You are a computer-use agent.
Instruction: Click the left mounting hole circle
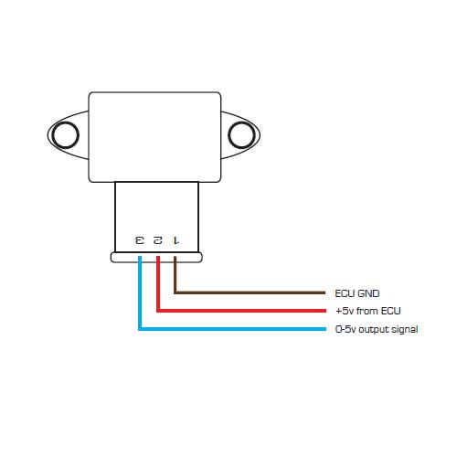[x=53, y=135]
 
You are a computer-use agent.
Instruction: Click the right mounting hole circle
[x=228, y=135]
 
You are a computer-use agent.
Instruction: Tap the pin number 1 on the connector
[x=175, y=240]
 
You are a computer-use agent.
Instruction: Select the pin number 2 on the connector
[x=158, y=240]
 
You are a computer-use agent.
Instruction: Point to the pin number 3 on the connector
[x=140, y=240]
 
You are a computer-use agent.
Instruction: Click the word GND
[x=368, y=293]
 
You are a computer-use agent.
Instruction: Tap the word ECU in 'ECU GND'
[x=345, y=293]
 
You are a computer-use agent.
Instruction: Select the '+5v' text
[x=345, y=311]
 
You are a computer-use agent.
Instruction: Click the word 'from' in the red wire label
[x=367, y=311]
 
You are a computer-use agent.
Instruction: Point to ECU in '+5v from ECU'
[x=391, y=311]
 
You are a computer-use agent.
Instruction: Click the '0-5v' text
[x=345, y=329]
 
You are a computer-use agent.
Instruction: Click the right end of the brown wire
[x=325, y=292]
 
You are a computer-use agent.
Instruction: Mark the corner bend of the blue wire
[x=140, y=329]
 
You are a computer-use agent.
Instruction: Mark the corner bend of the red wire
[x=158, y=311]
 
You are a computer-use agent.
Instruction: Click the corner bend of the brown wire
[x=175, y=292]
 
